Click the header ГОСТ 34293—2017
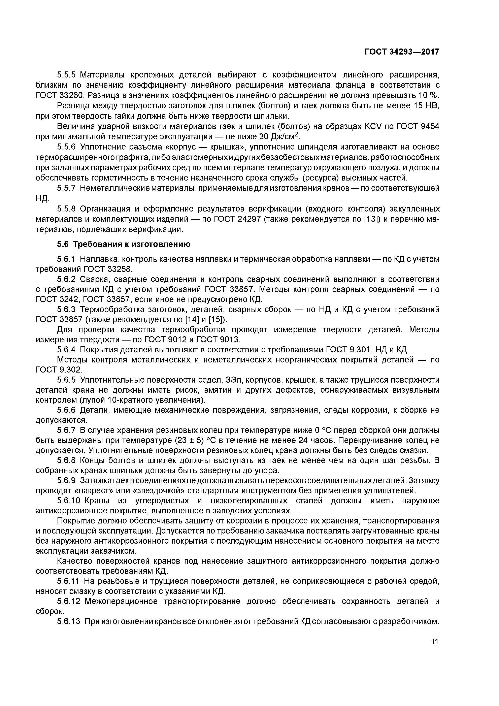[x=402, y=52]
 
